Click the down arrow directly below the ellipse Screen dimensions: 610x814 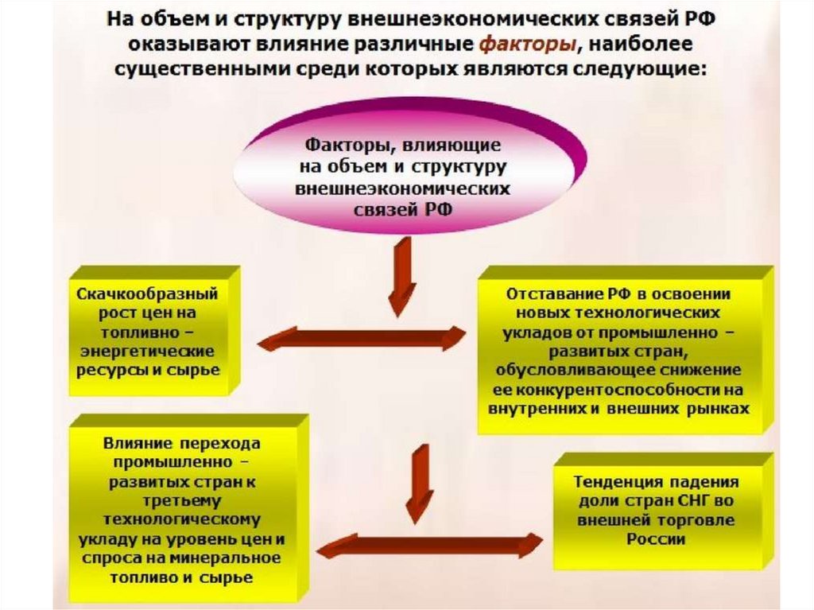pos(401,275)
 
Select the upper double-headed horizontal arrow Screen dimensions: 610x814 pos(362,338)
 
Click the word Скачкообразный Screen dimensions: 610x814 pos(147,293)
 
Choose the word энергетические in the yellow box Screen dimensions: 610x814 pos(147,352)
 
